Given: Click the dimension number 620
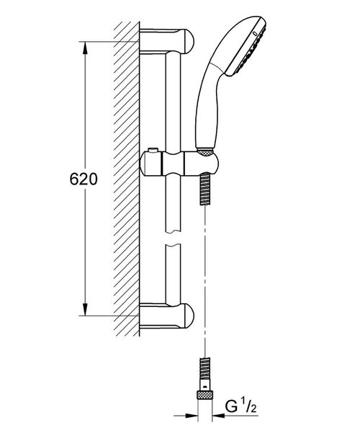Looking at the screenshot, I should click(x=84, y=179).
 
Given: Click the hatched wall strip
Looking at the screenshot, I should click(x=126, y=180).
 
